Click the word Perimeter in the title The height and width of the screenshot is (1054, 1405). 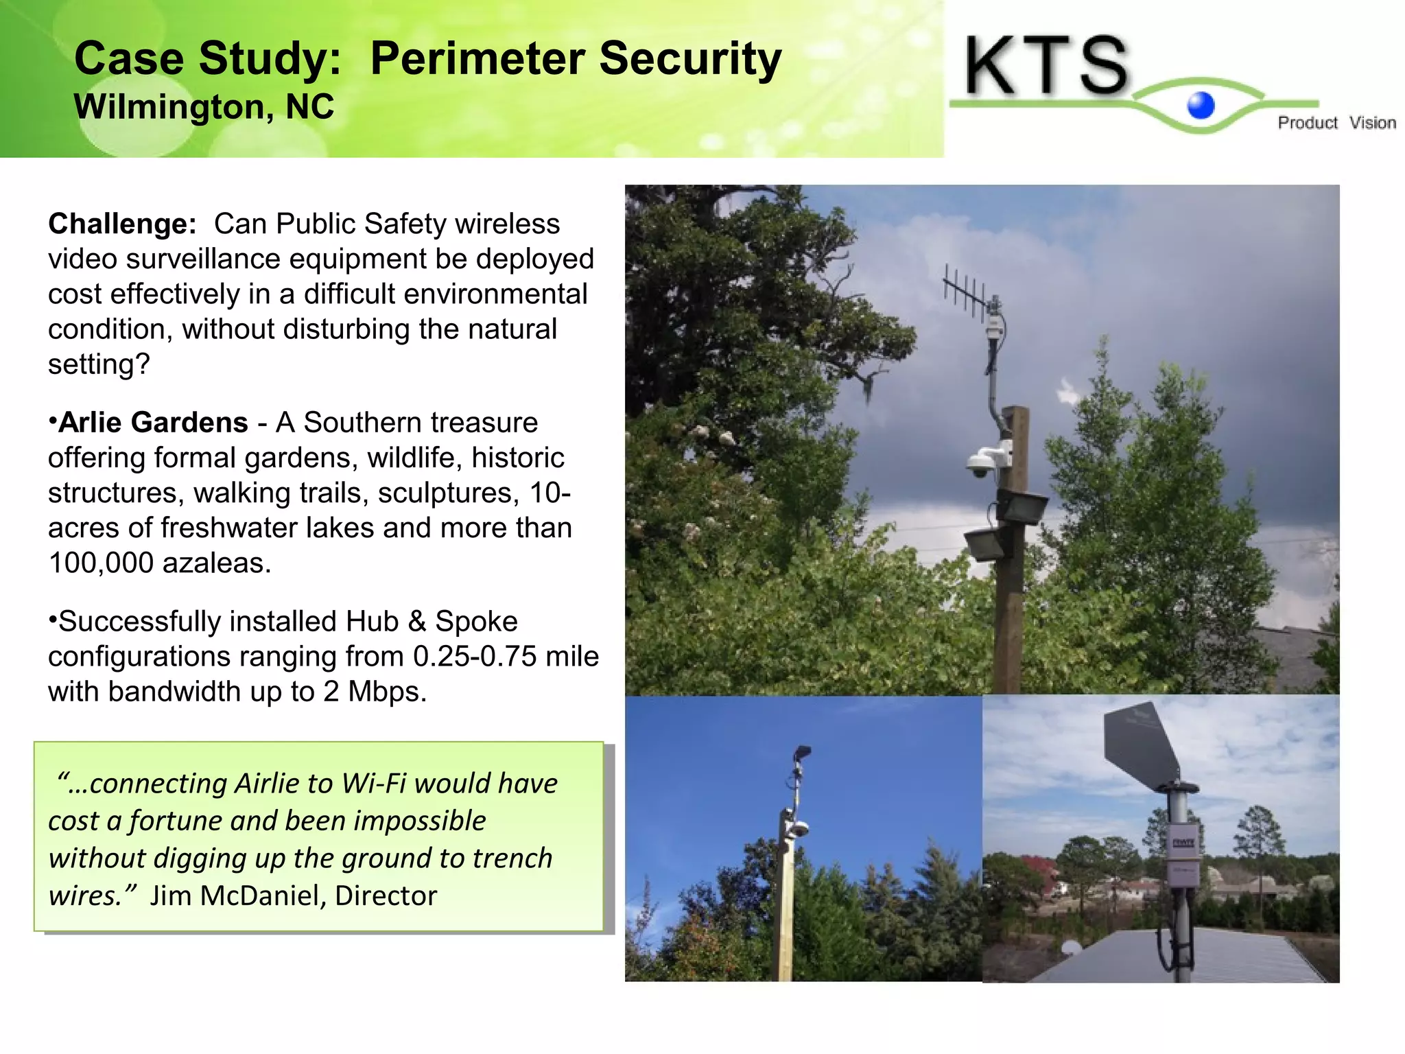[477, 59]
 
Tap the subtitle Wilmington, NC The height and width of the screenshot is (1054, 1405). [204, 107]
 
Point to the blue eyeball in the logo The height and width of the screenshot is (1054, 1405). [1201, 105]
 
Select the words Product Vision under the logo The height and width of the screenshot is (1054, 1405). [1336, 123]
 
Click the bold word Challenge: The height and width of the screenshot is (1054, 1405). [122, 224]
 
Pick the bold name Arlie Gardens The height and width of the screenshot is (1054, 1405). [153, 423]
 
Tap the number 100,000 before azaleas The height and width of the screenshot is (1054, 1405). [101, 563]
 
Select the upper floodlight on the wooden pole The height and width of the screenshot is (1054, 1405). [1021, 506]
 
